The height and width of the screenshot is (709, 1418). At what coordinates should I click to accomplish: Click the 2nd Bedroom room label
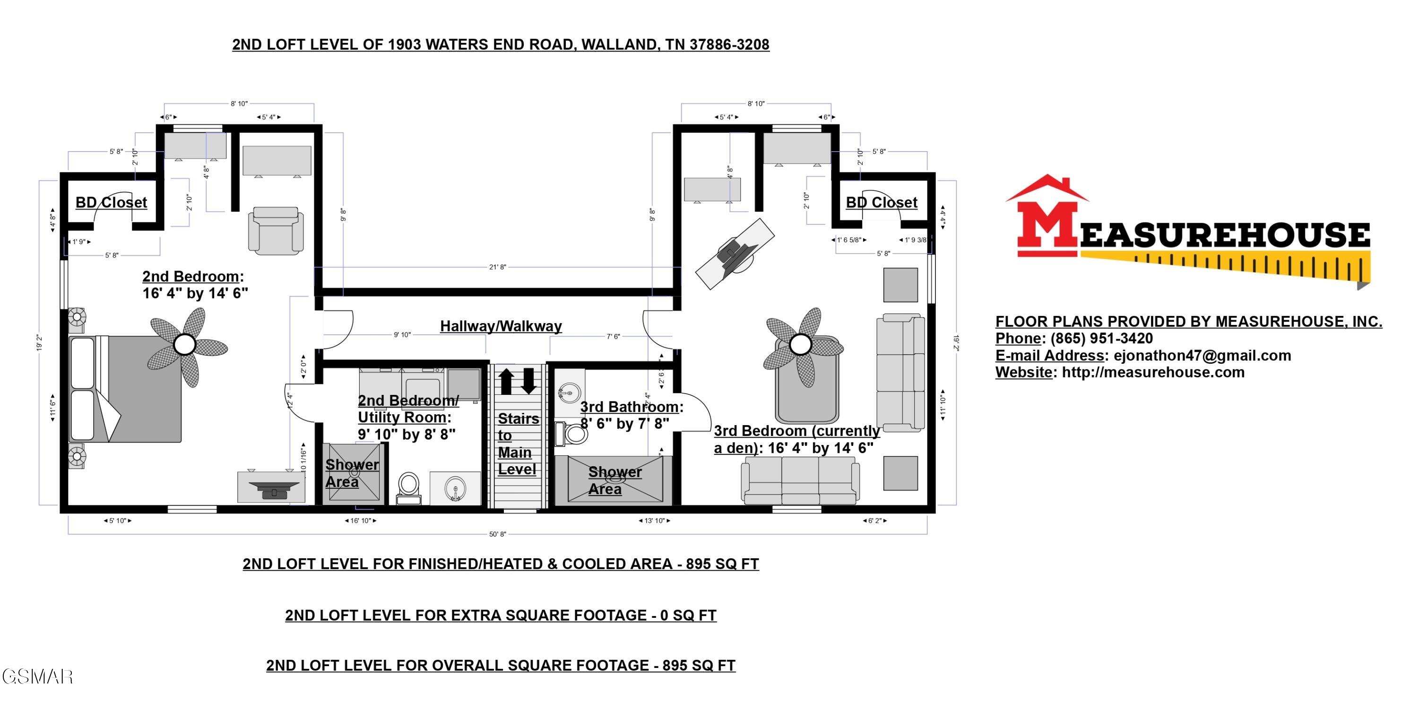[x=193, y=276]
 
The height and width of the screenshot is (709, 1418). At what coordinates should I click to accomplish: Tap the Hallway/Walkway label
[x=501, y=326]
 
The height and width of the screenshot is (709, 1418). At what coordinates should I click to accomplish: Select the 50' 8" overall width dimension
[x=497, y=534]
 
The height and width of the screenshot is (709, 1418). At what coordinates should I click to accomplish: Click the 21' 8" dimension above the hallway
[x=497, y=267]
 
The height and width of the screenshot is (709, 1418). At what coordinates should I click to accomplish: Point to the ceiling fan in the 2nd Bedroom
[x=185, y=345]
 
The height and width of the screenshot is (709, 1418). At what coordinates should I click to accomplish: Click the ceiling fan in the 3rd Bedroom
[x=800, y=345]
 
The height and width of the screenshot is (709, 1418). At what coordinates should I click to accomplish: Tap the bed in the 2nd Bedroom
[x=126, y=389]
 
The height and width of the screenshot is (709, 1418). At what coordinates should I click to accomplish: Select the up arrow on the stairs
[x=506, y=381]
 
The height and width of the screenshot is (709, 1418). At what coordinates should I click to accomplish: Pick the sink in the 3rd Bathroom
[x=569, y=393]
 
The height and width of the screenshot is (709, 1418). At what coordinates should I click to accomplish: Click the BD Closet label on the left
[x=111, y=203]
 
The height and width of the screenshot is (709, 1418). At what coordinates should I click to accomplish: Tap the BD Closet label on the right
[x=882, y=203]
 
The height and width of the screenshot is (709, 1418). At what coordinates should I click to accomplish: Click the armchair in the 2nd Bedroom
[x=276, y=231]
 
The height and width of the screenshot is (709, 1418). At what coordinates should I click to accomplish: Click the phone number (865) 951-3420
[x=1101, y=338]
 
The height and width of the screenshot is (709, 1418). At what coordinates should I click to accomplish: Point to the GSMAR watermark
[x=37, y=676]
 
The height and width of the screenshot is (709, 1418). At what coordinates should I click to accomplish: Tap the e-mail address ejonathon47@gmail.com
[x=1202, y=355]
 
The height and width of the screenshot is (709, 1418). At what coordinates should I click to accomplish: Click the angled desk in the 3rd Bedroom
[x=735, y=254]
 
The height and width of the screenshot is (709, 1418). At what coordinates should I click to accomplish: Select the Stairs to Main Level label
[x=517, y=444]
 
